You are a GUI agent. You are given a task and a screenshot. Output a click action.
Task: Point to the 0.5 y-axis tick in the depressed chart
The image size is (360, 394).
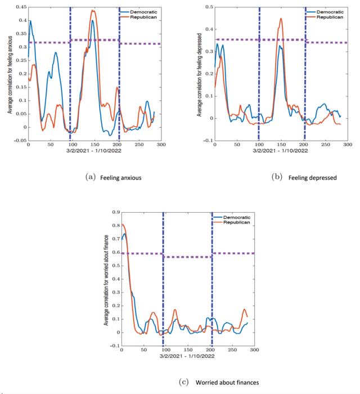pyautogui.click(x=208, y=7)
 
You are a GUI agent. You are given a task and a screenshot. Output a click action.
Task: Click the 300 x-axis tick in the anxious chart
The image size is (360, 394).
pyautogui.click(x=160, y=145)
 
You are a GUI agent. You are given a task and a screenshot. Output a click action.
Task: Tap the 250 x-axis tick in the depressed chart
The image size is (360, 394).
pyautogui.click(x=325, y=145)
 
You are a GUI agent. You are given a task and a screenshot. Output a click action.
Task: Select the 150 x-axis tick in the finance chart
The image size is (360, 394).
pyautogui.click(x=187, y=350)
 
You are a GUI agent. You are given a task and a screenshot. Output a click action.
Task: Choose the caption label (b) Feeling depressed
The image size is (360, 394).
pyautogui.click(x=304, y=178)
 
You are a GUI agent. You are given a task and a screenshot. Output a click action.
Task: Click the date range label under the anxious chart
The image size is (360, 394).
pyautogui.click(x=94, y=151)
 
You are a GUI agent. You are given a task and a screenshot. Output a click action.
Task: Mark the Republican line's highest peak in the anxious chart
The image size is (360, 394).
pyautogui.click(x=93, y=10)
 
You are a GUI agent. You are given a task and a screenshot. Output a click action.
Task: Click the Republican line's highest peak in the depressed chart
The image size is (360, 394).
pyautogui.click(x=281, y=19)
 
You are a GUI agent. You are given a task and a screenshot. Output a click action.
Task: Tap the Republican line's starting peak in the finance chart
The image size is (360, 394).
pyautogui.click(x=123, y=225)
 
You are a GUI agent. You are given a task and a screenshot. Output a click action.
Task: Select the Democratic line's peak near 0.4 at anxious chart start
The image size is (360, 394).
pyautogui.click(x=30, y=21)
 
